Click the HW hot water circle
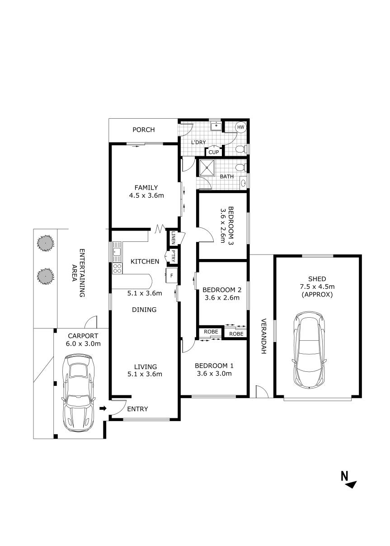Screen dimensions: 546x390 (240, 128)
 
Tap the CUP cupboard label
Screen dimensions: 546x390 (214, 152)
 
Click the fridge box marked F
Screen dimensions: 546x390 (172, 274)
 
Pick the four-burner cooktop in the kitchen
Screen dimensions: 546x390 (117, 268)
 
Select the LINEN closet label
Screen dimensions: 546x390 (173, 238)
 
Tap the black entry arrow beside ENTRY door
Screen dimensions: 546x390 (103, 409)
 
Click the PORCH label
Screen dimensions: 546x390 (143, 130)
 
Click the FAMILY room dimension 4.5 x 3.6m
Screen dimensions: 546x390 (145, 196)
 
